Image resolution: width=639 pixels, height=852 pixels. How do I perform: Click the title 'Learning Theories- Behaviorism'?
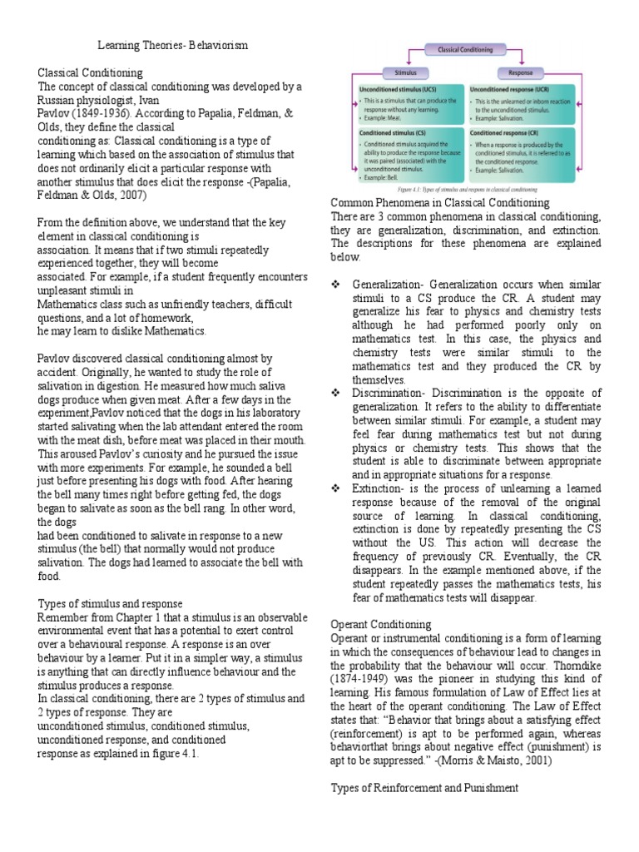(173, 43)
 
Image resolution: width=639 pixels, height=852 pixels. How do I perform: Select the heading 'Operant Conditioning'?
(381, 624)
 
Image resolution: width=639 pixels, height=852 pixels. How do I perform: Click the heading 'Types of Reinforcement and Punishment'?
(424, 787)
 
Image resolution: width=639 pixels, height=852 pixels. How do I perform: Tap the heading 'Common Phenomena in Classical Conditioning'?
(440, 203)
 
